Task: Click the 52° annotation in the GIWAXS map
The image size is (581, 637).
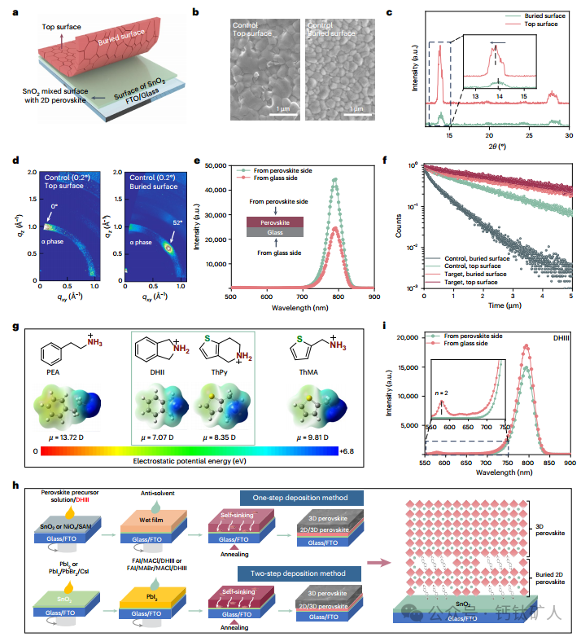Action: [x=181, y=221]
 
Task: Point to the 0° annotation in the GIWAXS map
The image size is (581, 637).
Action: [x=55, y=207]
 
